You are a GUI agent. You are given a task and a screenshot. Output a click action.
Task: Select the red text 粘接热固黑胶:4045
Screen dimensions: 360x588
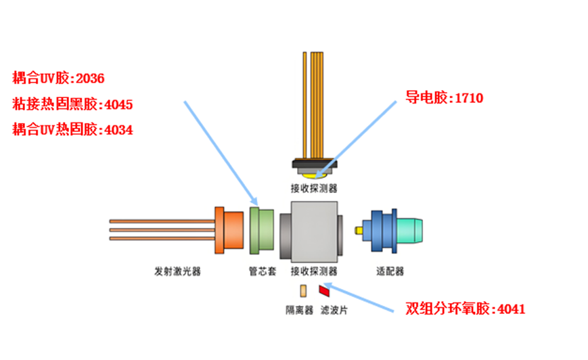point(72,104)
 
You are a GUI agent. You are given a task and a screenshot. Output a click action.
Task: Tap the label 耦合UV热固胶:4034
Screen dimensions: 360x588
point(72,129)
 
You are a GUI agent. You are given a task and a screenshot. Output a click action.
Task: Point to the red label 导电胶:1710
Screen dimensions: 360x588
point(444,98)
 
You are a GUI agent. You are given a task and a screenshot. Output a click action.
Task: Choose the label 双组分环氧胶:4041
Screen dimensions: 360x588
point(466,309)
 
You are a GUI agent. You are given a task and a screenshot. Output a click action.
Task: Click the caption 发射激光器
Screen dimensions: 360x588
point(178,271)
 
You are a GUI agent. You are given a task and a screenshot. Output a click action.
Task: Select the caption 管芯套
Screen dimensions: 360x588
point(262,271)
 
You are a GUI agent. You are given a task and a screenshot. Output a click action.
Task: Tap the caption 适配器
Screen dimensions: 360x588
point(390,271)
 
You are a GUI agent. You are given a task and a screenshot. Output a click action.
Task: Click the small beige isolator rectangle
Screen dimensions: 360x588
point(304,290)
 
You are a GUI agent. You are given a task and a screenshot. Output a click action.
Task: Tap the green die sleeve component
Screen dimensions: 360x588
point(261,231)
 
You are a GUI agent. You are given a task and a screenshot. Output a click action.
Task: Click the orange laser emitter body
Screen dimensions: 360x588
point(229,231)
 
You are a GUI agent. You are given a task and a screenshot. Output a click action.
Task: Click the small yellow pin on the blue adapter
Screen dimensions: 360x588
point(359,231)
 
